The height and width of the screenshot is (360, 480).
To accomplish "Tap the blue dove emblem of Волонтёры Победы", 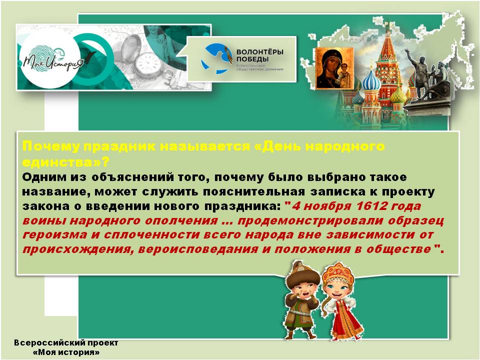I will coord(215,58).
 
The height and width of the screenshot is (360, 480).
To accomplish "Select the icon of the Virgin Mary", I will coord(334,68).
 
